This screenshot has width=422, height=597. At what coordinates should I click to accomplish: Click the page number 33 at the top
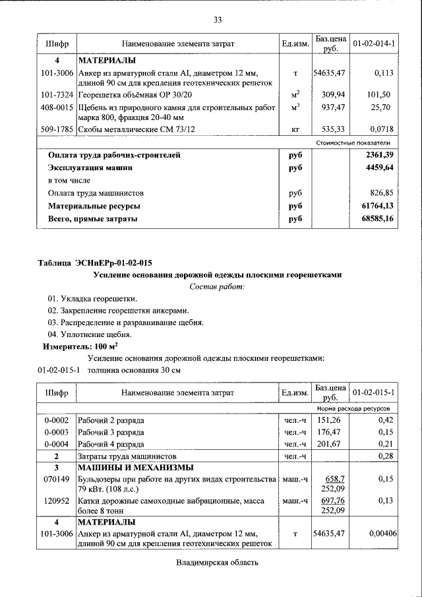click(x=218, y=19)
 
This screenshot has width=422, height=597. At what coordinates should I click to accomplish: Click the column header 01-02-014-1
click(x=373, y=44)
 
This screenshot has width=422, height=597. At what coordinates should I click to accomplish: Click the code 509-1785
click(x=55, y=129)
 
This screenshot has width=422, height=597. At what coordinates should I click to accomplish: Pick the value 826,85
click(x=379, y=193)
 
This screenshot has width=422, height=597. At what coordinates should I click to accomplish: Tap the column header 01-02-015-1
click(x=373, y=393)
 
